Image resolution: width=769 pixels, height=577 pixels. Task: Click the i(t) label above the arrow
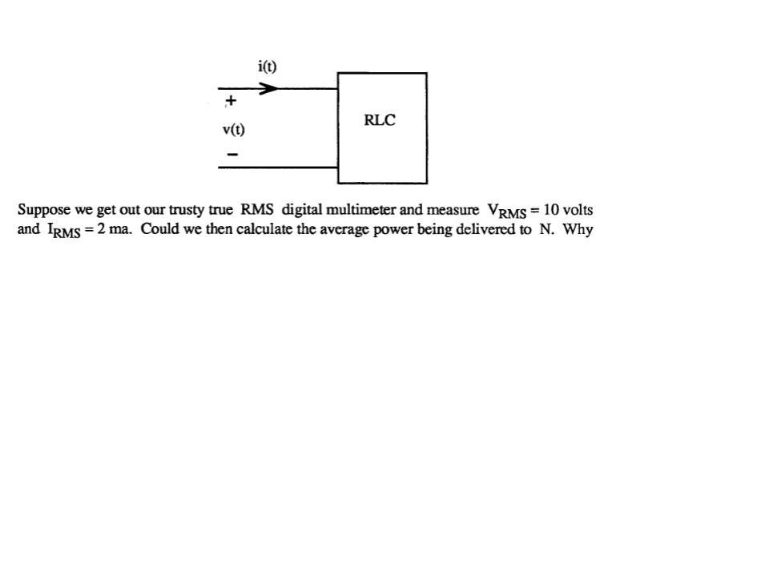[268, 67]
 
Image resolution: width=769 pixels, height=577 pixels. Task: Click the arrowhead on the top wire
[269, 88]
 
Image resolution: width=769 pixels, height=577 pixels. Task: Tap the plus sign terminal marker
[231, 101]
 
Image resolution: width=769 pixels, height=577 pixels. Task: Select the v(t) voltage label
[234, 129]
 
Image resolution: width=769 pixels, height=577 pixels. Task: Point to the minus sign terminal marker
[232, 154]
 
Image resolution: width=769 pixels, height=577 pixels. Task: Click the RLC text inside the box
[380, 121]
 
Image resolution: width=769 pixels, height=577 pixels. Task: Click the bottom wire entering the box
[277, 167]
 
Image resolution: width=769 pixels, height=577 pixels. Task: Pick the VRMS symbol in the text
[507, 212]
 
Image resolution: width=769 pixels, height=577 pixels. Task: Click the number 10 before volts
[551, 210]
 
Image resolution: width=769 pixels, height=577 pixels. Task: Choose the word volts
[578, 210]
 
